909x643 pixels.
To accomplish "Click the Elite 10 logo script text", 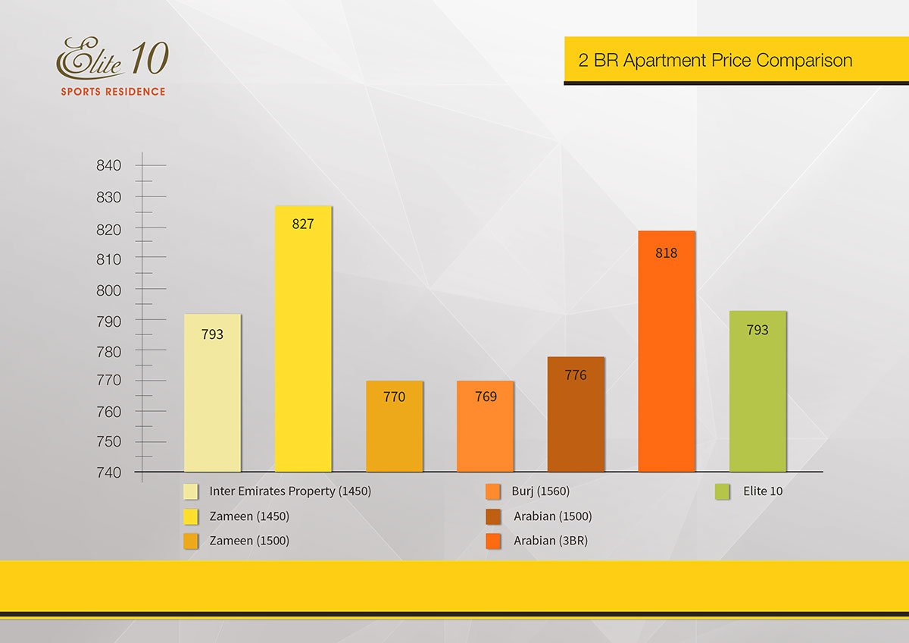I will (x=112, y=58).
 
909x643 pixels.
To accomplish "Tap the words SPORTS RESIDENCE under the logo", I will (x=113, y=92).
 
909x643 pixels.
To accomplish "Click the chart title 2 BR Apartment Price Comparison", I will (x=715, y=61).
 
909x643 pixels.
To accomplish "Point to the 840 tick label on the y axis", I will (x=109, y=166).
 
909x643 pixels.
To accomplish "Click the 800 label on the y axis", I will (x=109, y=290).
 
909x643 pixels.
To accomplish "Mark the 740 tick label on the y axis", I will (x=109, y=472).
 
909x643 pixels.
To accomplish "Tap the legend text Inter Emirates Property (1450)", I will (x=290, y=491).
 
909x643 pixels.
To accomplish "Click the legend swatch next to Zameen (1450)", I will (x=191, y=516).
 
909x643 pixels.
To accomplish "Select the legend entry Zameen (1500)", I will (x=249, y=541).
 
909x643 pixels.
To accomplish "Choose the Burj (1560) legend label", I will (x=540, y=491).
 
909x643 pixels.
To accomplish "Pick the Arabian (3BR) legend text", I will (x=551, y=541).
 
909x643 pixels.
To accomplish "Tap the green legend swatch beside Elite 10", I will (x=722, y=491).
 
